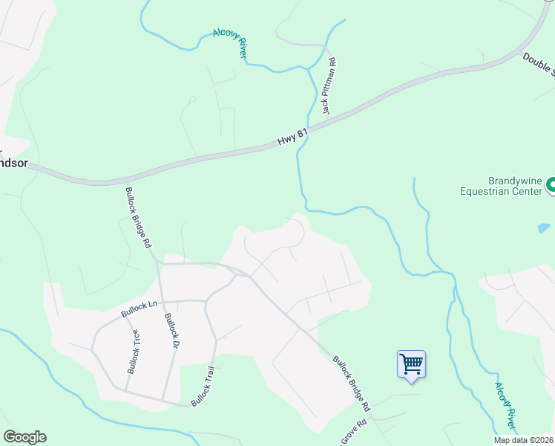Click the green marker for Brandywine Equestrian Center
551,184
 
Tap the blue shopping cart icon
411,364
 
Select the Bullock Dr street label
172,331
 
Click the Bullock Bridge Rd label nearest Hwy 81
139,217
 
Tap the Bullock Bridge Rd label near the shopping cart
351,383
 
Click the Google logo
24,437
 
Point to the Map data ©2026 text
524,440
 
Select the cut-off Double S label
539,64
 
